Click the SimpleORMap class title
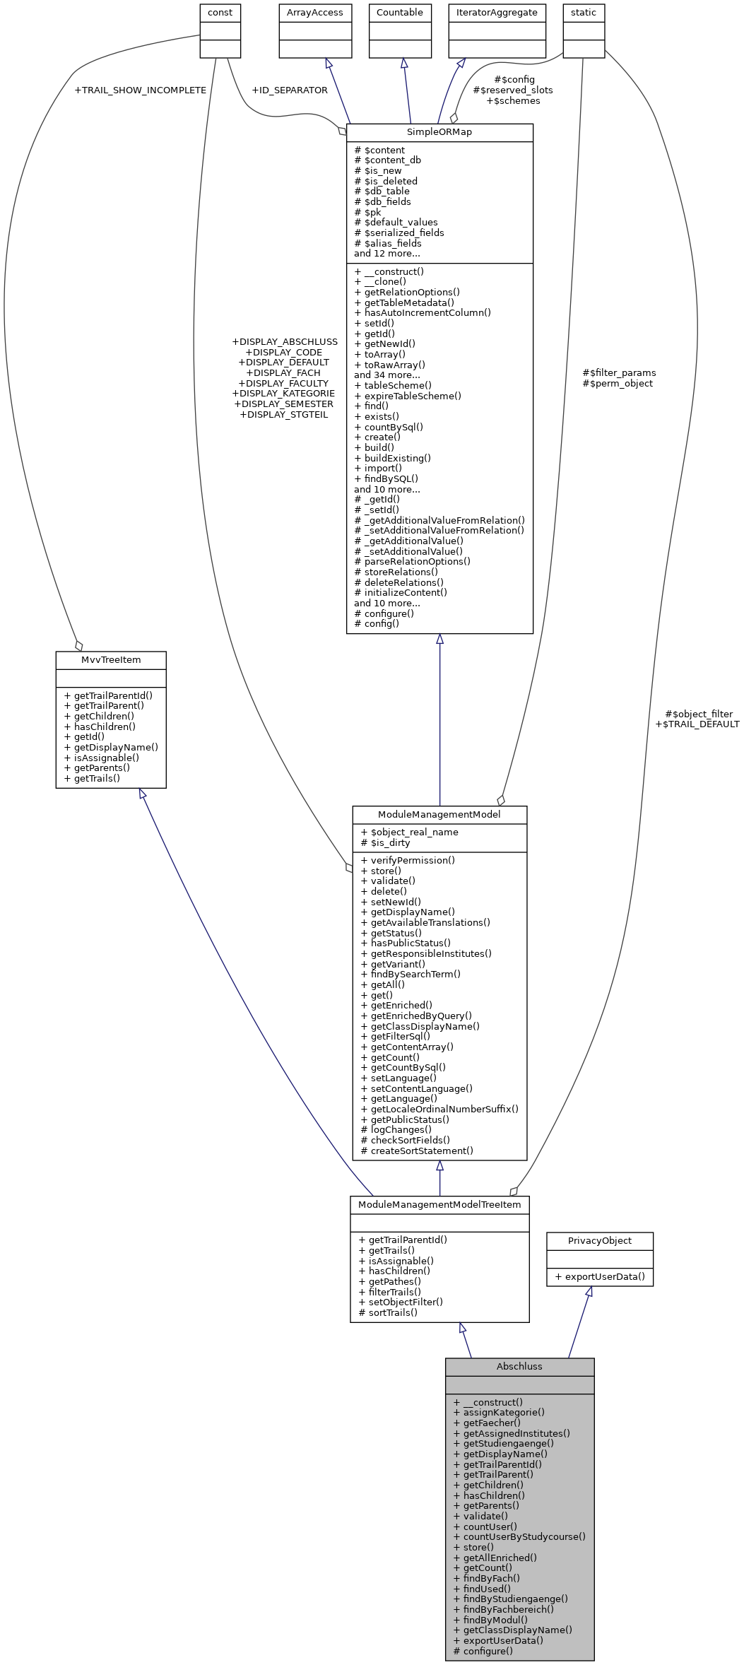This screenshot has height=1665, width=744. (x=439, y=132)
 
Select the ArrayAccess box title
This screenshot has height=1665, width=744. (x=314, y=13)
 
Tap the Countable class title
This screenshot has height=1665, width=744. (x=399, y=13)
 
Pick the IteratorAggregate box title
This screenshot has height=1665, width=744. (x=497, y=13)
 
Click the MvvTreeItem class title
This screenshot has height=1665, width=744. (x=111, y=660)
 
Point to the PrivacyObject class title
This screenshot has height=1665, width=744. (x=599, y=1240)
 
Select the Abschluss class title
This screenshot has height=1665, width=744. (x=519, y=1366)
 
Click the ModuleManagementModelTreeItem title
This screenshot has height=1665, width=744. (x=439, y=1204)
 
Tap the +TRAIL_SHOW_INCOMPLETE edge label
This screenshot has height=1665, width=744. (x=140, y=90)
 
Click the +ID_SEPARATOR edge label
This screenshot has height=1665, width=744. (x=289, y=90)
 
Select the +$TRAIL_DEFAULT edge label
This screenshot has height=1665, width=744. (x=697, y=724)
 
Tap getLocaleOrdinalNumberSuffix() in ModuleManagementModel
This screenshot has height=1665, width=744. (x=444, y=1109)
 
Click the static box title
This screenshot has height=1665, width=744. (x=583, y=13)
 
